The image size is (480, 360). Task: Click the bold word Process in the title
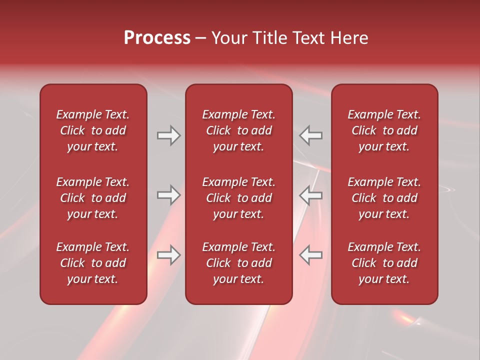point(157,38)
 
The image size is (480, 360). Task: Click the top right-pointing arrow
point(168,135)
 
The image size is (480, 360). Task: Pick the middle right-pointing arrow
point(168,195)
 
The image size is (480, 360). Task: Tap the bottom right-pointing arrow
point(168,255)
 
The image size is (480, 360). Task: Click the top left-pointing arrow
point(310,135)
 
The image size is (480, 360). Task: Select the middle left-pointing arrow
point(310,195)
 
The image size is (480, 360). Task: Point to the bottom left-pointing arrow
point(310,255)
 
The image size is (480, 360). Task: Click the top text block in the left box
point(93,130)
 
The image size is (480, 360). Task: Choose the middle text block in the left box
point(93,198)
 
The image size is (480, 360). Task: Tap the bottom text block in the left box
point(93,263)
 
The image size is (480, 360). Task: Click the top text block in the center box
point(238,130)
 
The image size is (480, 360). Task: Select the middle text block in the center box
point(238,198)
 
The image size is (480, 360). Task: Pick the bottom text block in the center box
point(238,263)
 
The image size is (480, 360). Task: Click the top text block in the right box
point(384,130)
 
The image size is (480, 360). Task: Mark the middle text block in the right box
point(384,198)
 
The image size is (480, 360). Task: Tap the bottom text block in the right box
point(384,263)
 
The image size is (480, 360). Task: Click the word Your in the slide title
point(229,38)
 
